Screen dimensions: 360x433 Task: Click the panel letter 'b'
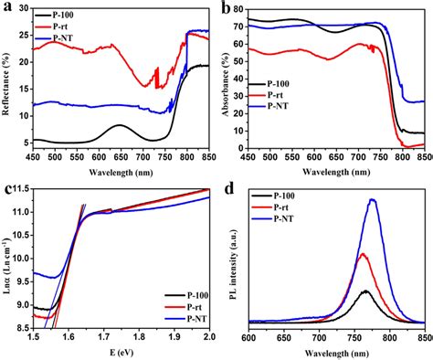pyautogui.click(x=226, y=9)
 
